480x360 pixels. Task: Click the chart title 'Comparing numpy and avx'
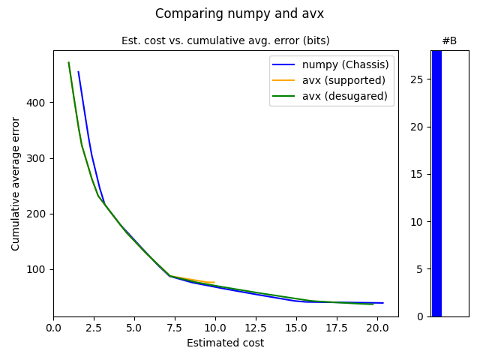click(x=239, y=13)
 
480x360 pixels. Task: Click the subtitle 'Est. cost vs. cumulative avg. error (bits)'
click(x=225, y=40)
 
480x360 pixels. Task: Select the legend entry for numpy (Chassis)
click(x=345, y=64)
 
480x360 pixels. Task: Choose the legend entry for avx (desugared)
click(x=344, y=96)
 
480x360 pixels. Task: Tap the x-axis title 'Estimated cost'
click(x=225, y=343)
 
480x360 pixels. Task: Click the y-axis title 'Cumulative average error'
click(x=16, y=183)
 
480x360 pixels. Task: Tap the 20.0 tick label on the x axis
click(x=377, y=328)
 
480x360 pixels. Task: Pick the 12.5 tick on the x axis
click(x=256, y=328)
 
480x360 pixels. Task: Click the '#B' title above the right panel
click(x=449, y=40)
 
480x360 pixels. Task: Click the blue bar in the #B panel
click(x=436, y=183)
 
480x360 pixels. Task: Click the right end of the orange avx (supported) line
click(x=214, y=282)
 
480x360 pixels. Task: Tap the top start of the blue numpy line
click(x=78, y=72)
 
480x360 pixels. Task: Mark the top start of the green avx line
click(x=68, y=62)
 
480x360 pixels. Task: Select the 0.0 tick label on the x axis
click(x=53, y=328)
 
